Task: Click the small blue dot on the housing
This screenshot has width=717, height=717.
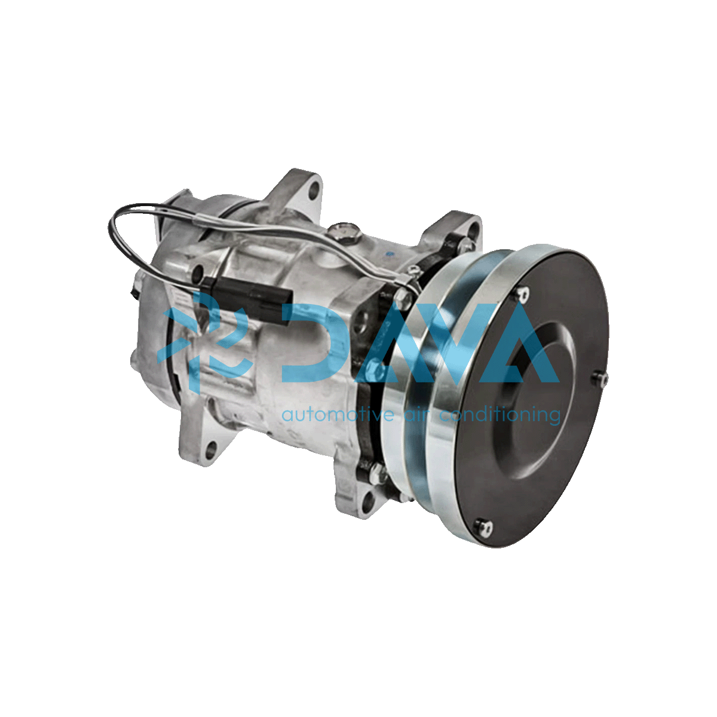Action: click(389, 256)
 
